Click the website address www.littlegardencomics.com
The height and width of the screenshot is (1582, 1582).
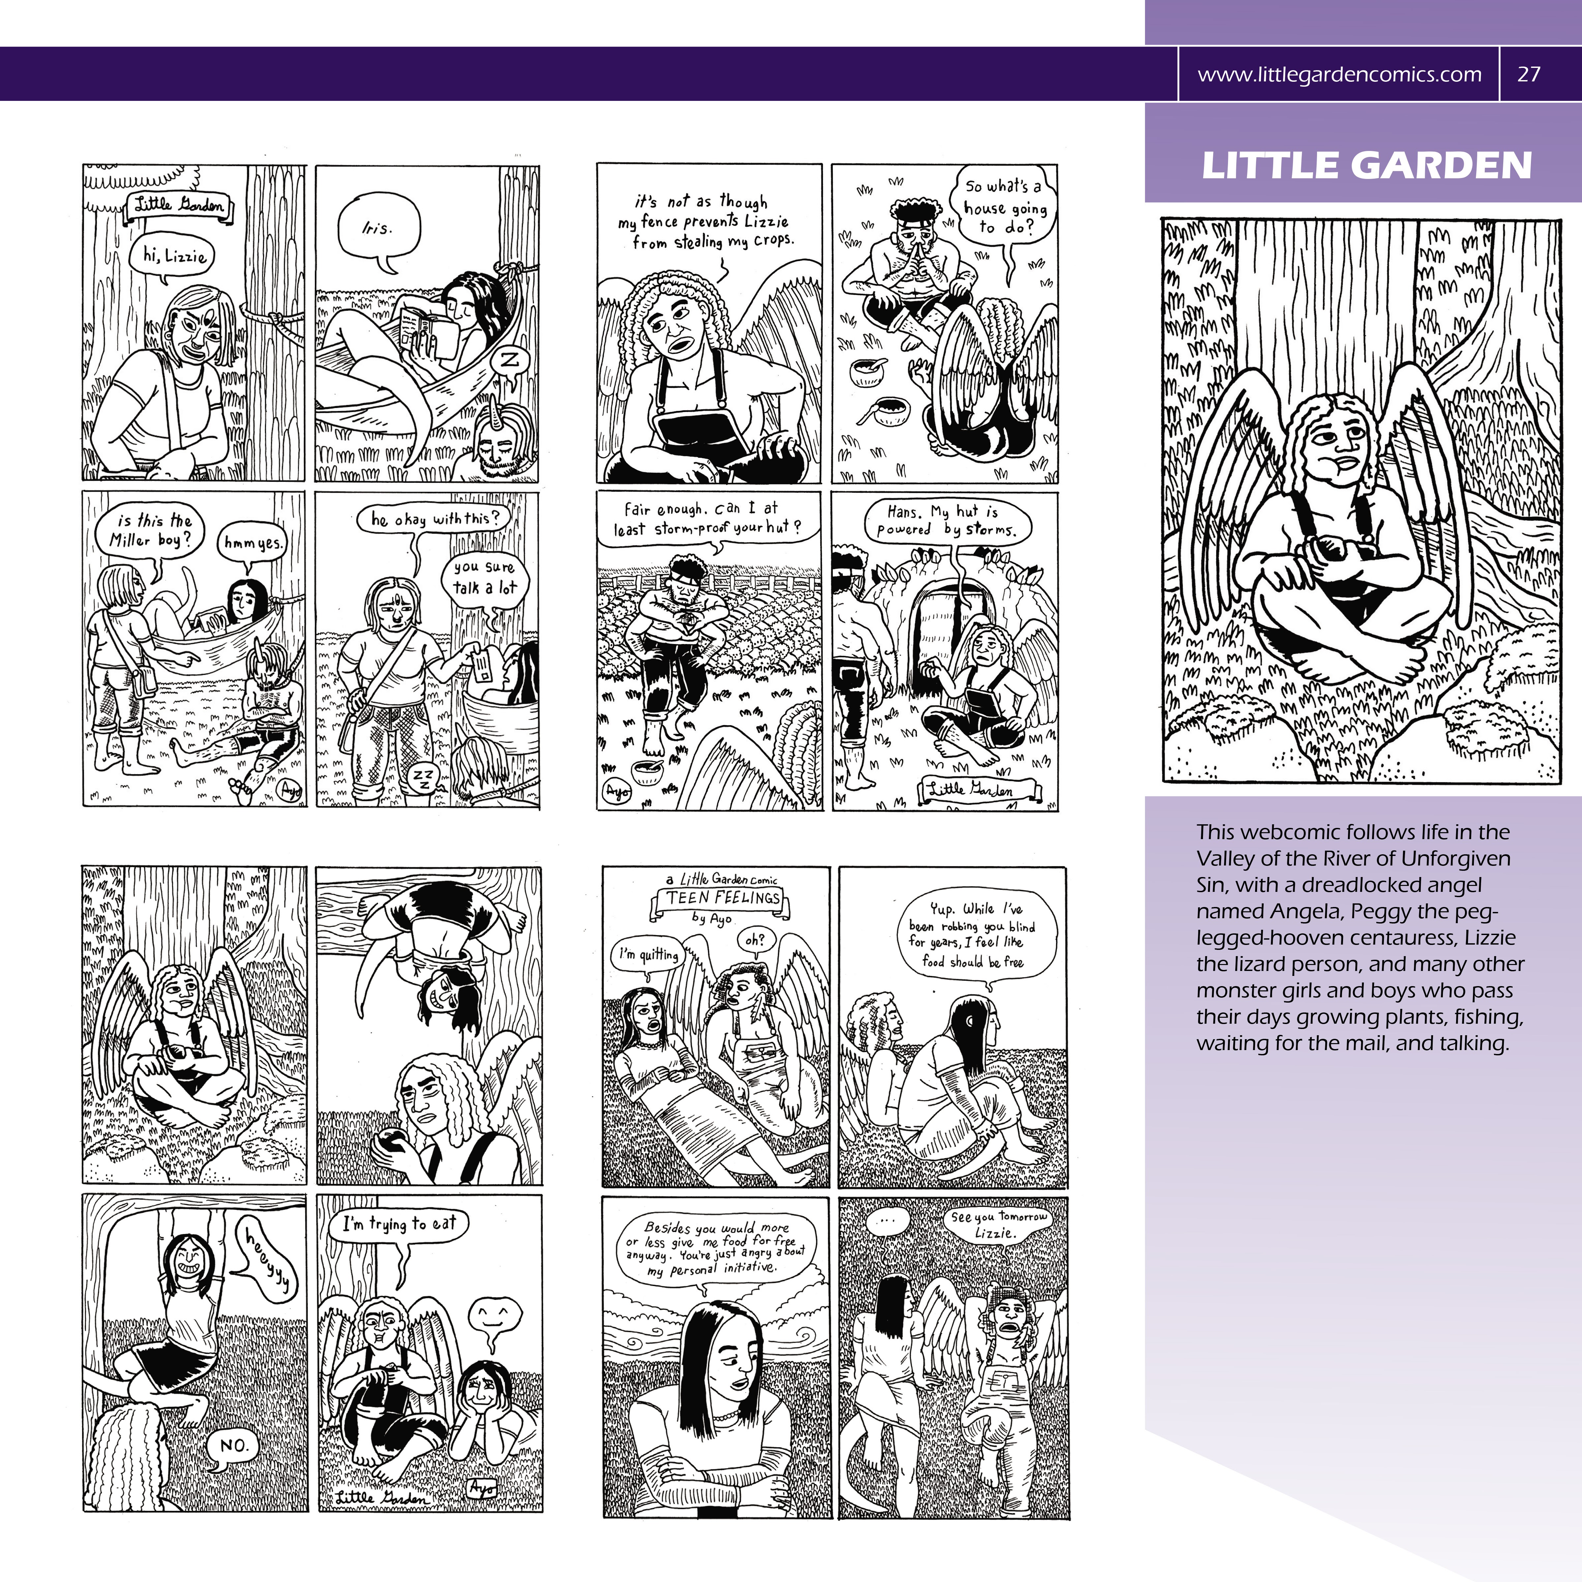click(1339, 74)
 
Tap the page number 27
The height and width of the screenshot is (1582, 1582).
click(1529, 74)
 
